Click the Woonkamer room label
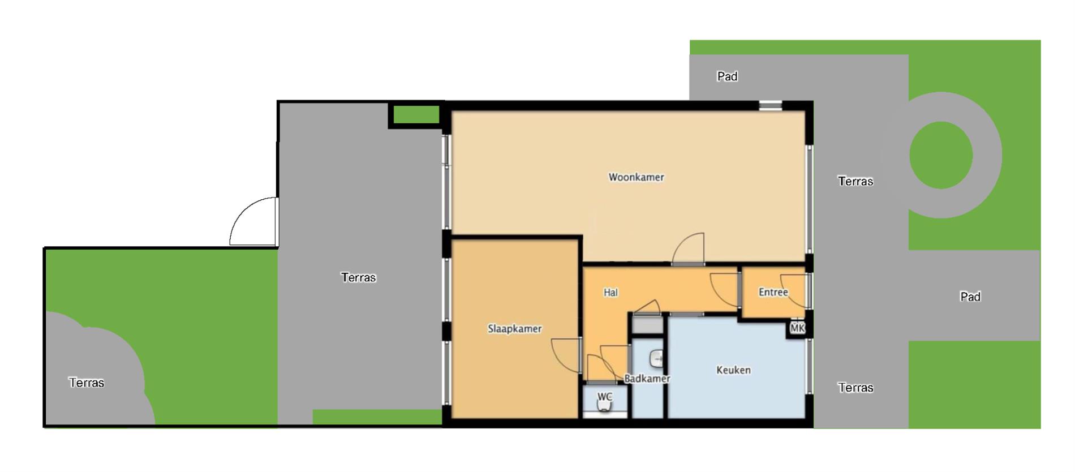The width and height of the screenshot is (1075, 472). point(636,177)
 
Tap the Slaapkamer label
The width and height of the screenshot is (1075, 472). point(515,329)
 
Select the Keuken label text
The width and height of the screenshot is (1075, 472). point(733,370)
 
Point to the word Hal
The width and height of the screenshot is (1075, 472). point(610,293)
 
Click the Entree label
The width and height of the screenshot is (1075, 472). point(773,292)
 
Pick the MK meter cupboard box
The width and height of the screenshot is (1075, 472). point(797,328)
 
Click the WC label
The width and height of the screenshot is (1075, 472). point(605,396)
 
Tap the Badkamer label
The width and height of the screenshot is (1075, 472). point(647,379)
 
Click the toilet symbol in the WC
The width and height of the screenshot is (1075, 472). point(605,405)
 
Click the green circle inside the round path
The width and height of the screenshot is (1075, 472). point(941,155)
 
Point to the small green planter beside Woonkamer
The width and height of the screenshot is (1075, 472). point(416,115)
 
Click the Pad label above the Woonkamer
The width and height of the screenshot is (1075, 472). point(727,76)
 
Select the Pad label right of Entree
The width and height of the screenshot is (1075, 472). point(970,297)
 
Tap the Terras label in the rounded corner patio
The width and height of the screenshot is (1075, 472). point(87,383)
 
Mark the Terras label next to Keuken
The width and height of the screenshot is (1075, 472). point(855,388)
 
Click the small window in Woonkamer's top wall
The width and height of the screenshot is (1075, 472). point(770,105)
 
